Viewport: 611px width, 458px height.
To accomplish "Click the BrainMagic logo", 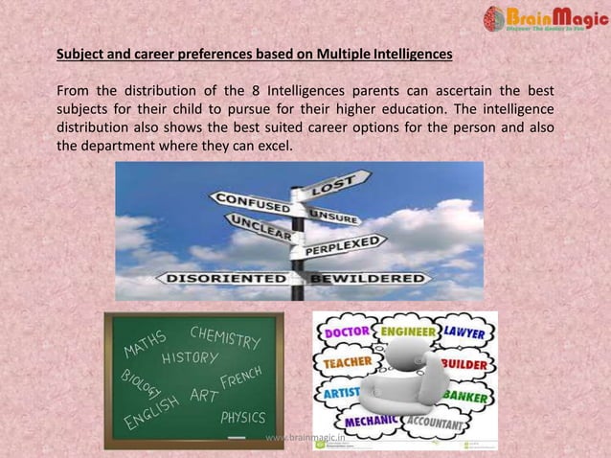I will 545,20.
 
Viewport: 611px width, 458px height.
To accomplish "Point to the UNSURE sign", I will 334,217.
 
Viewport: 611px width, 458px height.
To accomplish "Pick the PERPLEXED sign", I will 342,244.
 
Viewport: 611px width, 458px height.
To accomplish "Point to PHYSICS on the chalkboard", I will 242,418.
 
